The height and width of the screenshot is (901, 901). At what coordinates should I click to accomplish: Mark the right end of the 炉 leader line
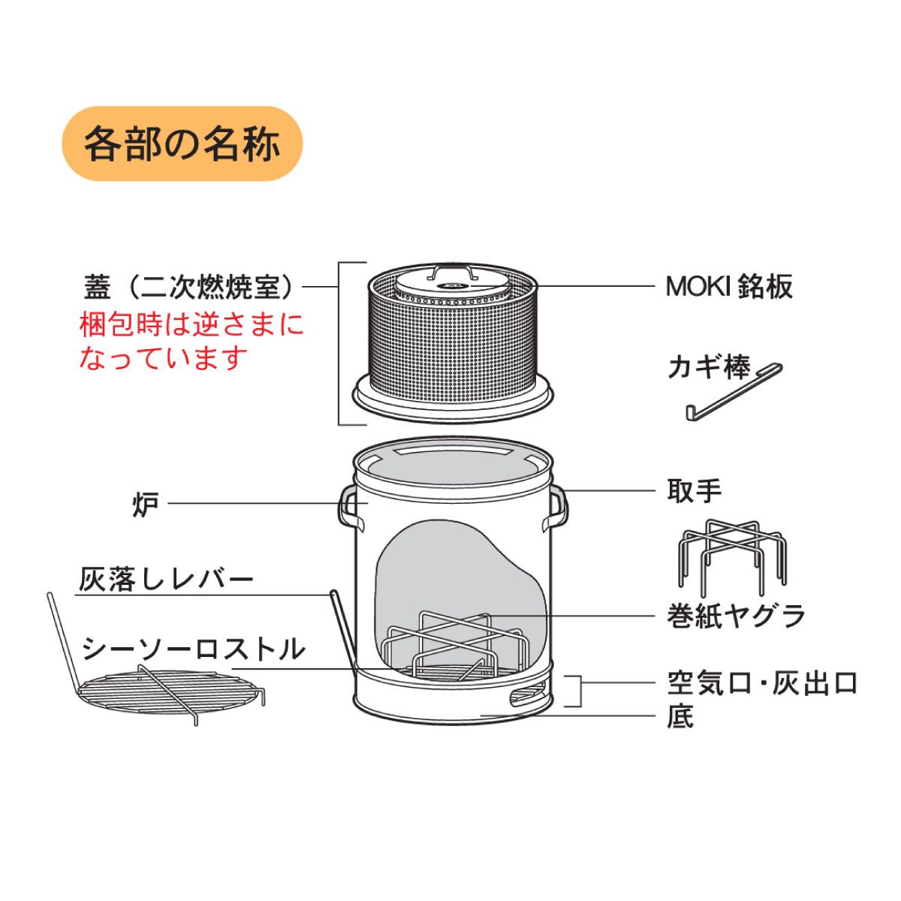click(x=369, y=504)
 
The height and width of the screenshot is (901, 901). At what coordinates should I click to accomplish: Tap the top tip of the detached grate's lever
click(x=49, y=594)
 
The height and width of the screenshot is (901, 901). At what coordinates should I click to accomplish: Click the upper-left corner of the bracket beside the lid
click(x=339, y=263)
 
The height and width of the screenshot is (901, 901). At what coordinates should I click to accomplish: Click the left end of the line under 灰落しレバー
click(x=76, y=595)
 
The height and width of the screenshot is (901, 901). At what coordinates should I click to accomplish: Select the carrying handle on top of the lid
click(x=450, y=272)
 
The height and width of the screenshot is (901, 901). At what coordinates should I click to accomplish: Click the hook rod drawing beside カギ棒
click(x=734, y=392)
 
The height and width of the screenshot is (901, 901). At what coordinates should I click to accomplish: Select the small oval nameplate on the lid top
click(x=452, y=285)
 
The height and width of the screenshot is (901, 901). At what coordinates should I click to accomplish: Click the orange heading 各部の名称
click(x=182, y=143)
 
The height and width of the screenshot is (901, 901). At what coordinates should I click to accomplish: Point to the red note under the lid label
click(x=191, y=342)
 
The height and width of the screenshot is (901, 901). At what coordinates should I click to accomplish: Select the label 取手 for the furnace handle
click(x=695, y=491)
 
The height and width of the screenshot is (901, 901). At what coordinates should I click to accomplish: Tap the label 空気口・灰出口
click(x=761, y=683)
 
